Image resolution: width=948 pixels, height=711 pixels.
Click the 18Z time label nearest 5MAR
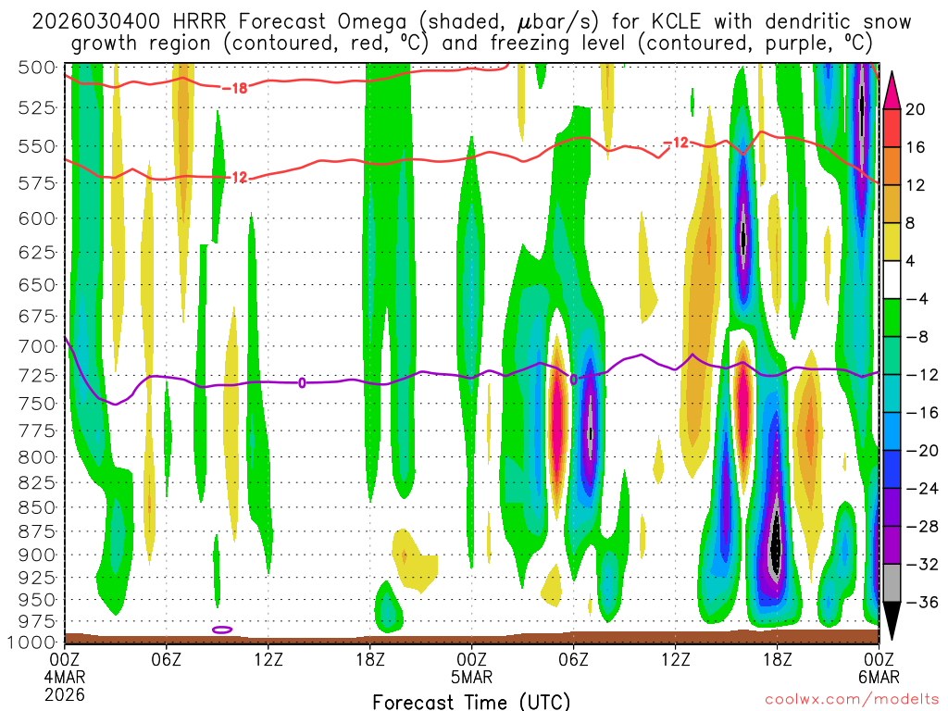pyautogui.click(x=369, y=658)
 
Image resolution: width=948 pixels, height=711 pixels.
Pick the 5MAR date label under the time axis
pyautogui.click(x=472, y=676)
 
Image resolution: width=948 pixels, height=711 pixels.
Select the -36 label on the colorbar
pyautogui.click(x=920, y=603)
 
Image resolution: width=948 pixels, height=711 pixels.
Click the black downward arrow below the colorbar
pyautogui.click(x=892, y=623)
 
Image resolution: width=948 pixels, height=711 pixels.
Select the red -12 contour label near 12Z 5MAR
pyautogui.click(x=676, y=143)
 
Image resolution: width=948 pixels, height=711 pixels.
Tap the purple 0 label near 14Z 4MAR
pyautogui.click(x=302, y=382)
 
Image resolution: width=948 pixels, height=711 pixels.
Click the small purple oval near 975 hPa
pyautogui.click(x=222, y=630)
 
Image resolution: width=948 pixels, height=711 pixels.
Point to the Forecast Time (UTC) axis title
pyautogui.click(x=471, y=701)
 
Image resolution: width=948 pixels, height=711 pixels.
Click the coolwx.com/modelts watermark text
pyautogui.click(x=852, y=701)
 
